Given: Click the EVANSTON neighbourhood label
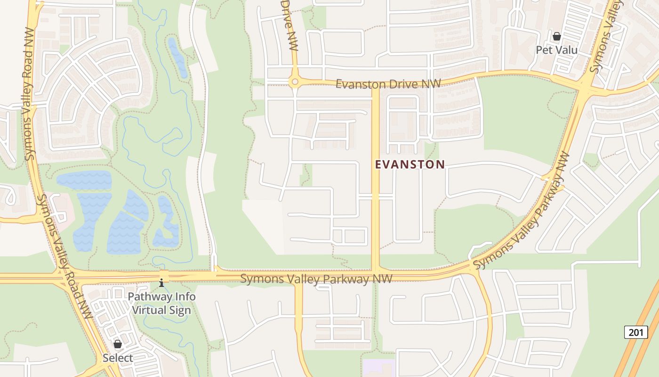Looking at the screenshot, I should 410,164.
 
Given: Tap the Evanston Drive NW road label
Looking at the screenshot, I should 388,84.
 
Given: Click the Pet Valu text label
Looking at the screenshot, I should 556,49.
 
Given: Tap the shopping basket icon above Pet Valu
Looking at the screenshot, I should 556,36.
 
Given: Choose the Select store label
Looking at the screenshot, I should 118,358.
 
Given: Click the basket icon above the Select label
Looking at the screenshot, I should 118,344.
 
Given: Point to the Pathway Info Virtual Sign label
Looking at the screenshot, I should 161,303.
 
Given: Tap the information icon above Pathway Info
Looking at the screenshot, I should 161,283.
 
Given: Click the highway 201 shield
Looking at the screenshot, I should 635,332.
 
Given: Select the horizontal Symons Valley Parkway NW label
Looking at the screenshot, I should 316,279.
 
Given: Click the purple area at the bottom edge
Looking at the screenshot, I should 378,368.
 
